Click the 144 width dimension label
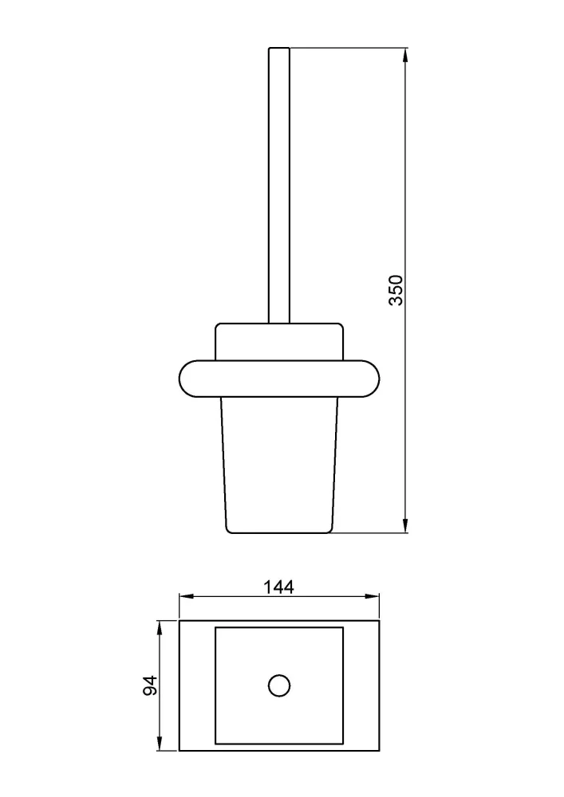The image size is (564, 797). click(x=278, y=587)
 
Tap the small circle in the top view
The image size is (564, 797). click(x=279, y=685)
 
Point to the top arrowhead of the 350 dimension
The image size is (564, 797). click(x=405, y=54)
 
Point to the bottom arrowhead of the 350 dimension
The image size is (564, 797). click(x=405, y=526)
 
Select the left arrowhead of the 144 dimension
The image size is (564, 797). click(x=186, y=597)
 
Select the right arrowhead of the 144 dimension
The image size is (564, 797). click(x=373, y=597)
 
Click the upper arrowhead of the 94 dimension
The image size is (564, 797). click(x=160, y=627)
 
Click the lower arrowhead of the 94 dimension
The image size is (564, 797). click(x=160, y=744)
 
